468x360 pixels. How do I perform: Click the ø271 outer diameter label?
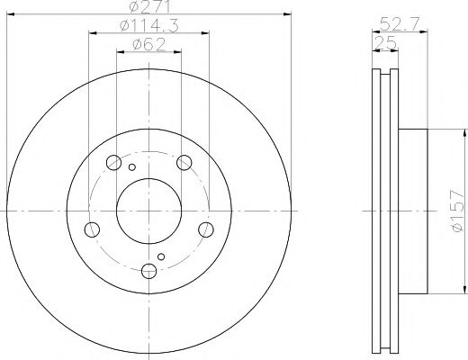(149, 7)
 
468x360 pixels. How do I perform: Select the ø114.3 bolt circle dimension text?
(149, 26)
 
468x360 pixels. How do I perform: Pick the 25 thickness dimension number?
(386, 42)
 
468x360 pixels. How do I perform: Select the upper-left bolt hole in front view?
(113, 163)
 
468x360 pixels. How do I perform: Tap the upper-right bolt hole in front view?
(185, 163)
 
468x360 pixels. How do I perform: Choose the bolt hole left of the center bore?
(92, 229)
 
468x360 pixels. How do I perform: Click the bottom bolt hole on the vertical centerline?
(149, 271)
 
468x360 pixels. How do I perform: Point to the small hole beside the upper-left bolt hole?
(131, 167)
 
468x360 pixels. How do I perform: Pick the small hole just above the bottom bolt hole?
(161, 256)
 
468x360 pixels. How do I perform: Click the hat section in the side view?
(410, 213)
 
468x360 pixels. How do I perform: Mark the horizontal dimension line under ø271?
(149, 15)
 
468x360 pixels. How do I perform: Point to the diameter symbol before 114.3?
(124, 26)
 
